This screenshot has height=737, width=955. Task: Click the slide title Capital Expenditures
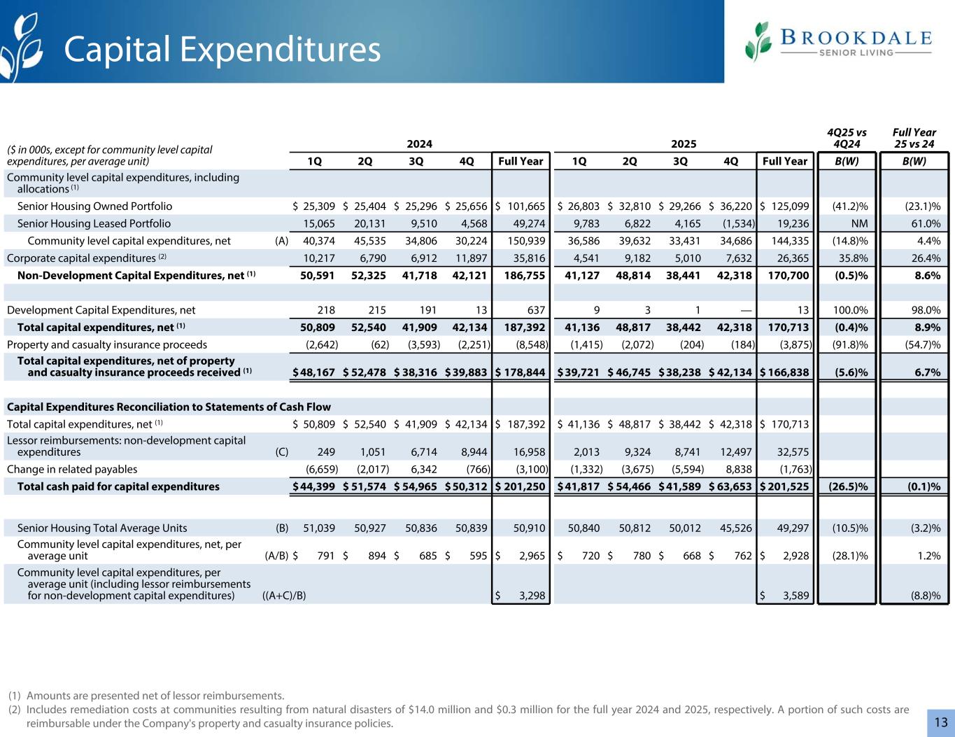[x=222, y=50]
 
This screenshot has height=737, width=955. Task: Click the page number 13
[x=941, y=722]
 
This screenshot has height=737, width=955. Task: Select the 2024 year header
[x=419, y=143]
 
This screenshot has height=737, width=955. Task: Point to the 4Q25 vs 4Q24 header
[x=847, y=138]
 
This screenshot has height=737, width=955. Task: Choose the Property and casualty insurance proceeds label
[x=107, y=344]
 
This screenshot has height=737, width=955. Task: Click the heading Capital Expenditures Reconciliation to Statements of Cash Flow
[x=169, y=407]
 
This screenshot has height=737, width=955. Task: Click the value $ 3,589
[x=784, y=596]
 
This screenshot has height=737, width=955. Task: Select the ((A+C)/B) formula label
[x=278, y=596]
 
